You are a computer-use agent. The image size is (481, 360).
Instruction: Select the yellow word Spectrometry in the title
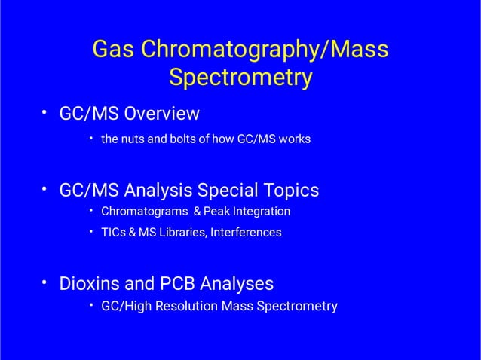[240, 78]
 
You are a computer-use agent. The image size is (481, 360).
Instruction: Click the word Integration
[262, 212]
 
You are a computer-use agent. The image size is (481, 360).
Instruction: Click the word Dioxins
[90, 284]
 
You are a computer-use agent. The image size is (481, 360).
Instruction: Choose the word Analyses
[237, 284]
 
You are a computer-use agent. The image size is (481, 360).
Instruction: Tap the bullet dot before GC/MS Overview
[44, 112]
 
